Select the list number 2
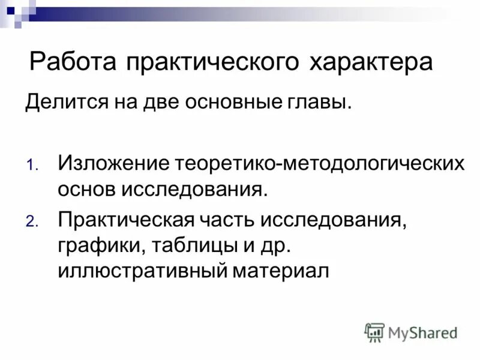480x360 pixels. (x=31, y=221)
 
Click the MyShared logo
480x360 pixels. (x=411, y=332)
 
